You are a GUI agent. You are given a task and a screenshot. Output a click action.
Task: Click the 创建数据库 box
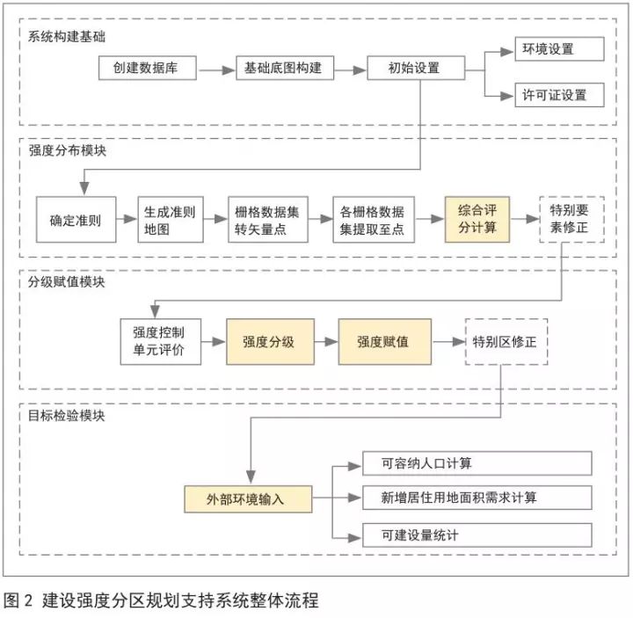point(145,69)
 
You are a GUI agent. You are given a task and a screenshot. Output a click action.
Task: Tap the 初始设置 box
point(415,69)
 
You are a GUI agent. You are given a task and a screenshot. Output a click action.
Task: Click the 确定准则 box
point(76,220)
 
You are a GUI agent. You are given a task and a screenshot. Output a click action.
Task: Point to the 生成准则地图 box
point(171,220)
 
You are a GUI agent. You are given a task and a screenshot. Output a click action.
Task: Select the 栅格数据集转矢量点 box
point(267,220)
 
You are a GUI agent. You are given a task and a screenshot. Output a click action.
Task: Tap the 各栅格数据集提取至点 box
point(374,220)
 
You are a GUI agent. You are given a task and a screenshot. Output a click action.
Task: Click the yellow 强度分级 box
point(271,341)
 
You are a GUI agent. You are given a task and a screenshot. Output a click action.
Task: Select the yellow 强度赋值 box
point(384,341)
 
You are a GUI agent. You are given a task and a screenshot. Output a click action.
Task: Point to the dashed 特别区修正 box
point(506,341)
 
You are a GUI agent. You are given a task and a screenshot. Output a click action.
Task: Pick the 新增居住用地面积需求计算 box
point(477,498)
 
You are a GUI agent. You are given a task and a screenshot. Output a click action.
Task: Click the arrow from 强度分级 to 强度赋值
point(326,341)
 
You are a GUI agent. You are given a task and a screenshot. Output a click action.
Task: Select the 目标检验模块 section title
point(67,416)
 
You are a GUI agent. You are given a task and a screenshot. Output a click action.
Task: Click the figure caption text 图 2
point(18,601)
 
